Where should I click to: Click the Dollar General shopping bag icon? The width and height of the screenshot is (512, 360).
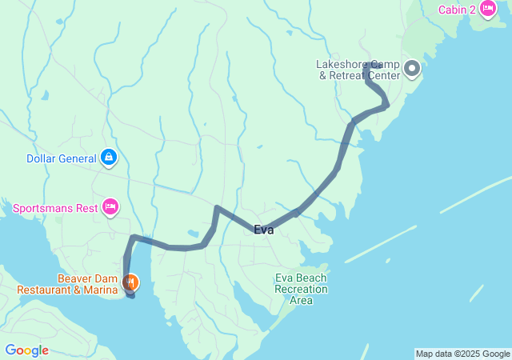(107, 158)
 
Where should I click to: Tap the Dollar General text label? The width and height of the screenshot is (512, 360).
(61, 158)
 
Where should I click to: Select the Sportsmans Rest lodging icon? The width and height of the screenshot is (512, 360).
(110, 208)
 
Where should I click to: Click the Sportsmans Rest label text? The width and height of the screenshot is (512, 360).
(56, 209)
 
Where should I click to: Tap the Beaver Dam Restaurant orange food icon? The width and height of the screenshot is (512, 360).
(130, 282)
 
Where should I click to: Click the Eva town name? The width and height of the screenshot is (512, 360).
(264, 230)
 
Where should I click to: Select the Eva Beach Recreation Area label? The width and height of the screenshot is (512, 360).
(301, 289)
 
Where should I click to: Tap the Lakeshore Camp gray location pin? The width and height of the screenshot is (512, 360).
(413, 69)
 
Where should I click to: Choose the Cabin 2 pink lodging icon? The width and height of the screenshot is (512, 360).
(487, 10)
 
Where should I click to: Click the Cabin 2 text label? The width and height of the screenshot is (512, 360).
(457, 10)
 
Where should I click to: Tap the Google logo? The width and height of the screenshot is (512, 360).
(26, 350)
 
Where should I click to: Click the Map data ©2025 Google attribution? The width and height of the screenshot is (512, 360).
(462, 354)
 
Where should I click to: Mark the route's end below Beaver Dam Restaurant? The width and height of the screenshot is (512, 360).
(131, 295)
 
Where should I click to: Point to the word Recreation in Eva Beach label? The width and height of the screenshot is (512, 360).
(301, 289)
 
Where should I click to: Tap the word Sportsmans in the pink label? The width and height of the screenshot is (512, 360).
(44, 209)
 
